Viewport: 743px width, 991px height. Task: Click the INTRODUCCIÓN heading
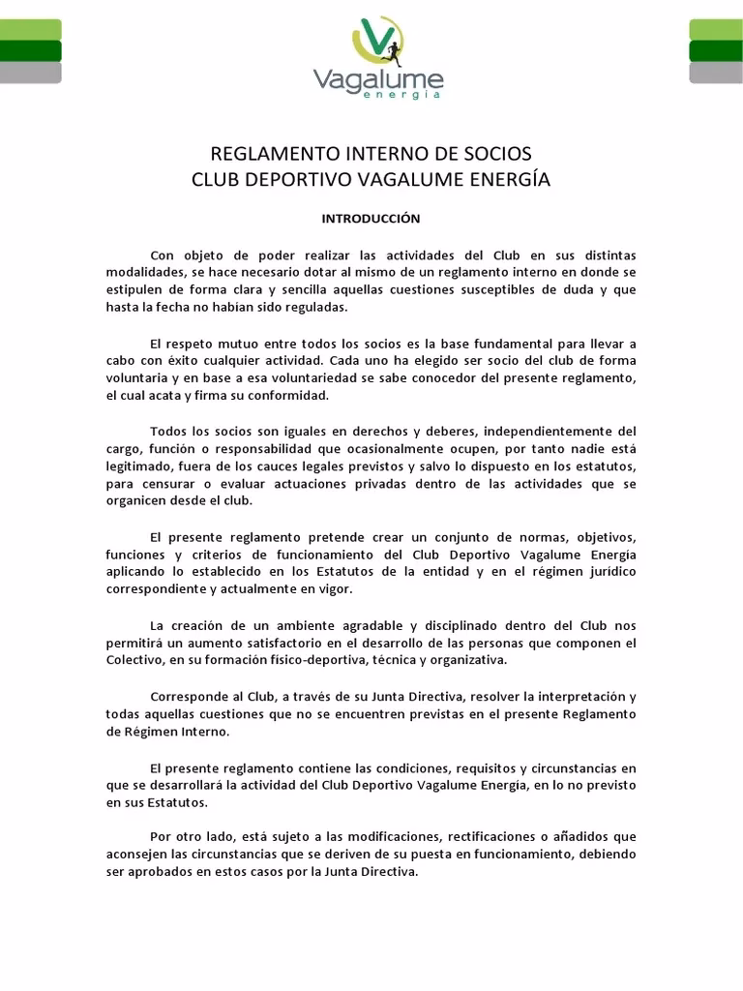click(371, 220)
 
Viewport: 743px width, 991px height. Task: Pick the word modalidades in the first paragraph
click(139, 272)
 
